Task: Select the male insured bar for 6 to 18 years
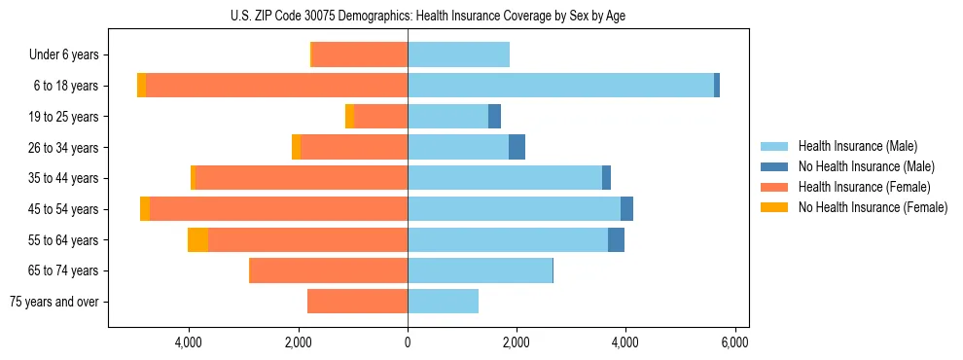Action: pyautogui.click(x=560, y=86)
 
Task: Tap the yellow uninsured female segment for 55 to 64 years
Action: pyautogui.click(x=197, y=240)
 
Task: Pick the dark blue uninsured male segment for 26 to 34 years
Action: pyautogui.click(x=517, y=147)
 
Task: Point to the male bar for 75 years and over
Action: pyautogui.click(x=443, y=302)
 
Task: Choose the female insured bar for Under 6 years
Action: pyautogui.click(x=360, y=54)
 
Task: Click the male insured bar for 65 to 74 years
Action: pyautogui.click(x=480, y=270)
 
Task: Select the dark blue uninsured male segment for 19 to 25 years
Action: pyautogui.click(x=494, y=117)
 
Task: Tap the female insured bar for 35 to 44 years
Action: pyautogui.click(x=302, y=178)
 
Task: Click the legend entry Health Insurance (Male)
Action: pyautogui.click(x=857, y=146)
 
